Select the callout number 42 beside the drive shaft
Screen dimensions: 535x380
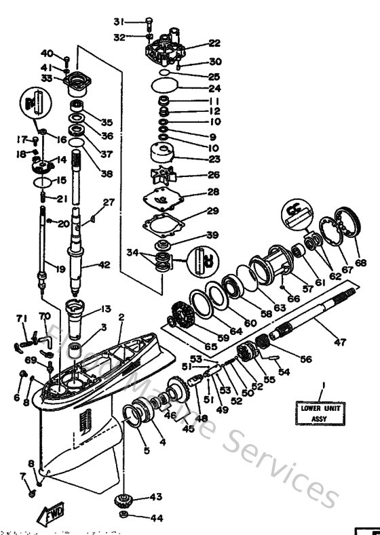(103, 266)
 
